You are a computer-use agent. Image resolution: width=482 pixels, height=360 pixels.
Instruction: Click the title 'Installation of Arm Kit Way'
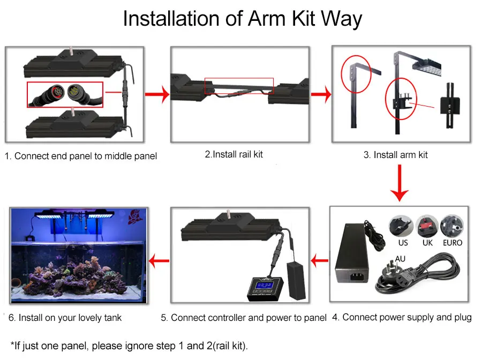(242, 19)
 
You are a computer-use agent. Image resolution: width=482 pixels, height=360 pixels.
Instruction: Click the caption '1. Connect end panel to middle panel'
(81, 156)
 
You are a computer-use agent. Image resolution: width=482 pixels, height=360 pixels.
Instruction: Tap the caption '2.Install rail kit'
(234, 154)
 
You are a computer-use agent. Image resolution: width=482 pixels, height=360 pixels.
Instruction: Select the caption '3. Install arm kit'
(395, 155)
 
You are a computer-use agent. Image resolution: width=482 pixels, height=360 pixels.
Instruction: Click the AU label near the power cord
(400, 258)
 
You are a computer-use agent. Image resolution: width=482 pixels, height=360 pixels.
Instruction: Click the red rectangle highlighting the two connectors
(65, 94)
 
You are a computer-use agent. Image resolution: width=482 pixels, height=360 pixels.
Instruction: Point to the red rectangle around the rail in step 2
(239, 86)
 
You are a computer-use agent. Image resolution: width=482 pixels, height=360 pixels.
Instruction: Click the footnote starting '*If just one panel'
(129, 346)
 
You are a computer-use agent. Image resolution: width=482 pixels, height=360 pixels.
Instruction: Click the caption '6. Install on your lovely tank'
(65, 318)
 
